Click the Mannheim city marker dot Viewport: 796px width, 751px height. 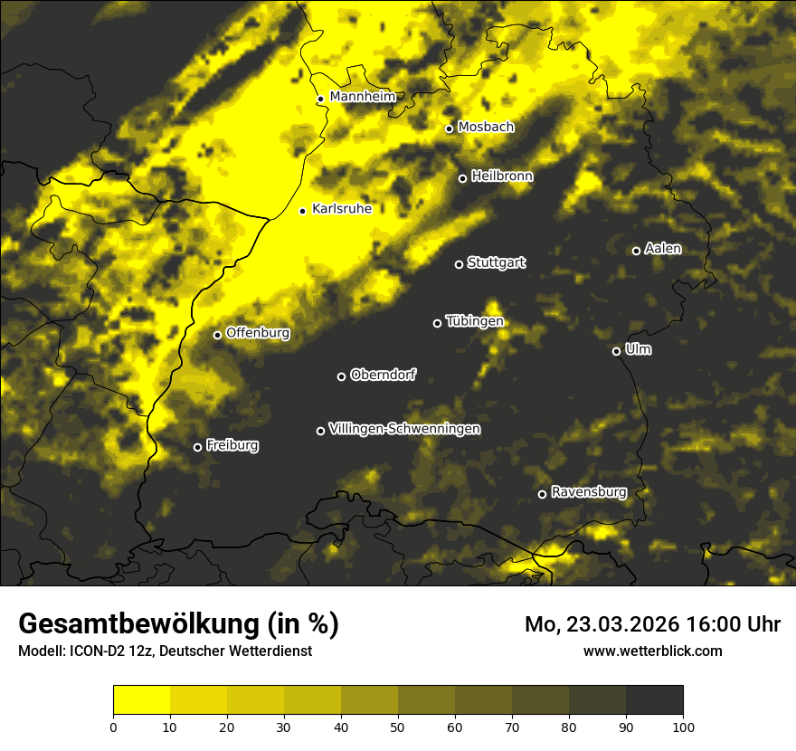(320, 100)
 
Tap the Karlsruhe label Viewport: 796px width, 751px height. (341, 209)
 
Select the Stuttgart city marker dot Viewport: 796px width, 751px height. (459, 264)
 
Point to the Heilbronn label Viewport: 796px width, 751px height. (502, 176)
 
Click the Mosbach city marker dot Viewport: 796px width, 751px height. (449, 128)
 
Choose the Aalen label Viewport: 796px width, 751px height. (663, 249)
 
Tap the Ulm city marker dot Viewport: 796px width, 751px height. (616, 351)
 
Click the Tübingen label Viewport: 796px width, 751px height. (474, 321)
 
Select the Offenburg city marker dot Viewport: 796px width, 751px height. (217, 335)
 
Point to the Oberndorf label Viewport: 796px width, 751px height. (383, 375)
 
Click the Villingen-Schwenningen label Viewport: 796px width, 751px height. (404, 429)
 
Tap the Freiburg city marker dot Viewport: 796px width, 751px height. (197, 447)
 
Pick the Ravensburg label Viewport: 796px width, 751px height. (589, 492)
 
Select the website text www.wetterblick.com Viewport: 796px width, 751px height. (652, 651)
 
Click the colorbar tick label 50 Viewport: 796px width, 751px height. (398, 726)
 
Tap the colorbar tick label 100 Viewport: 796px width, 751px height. (682, 726)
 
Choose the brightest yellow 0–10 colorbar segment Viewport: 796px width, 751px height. (142, 700)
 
